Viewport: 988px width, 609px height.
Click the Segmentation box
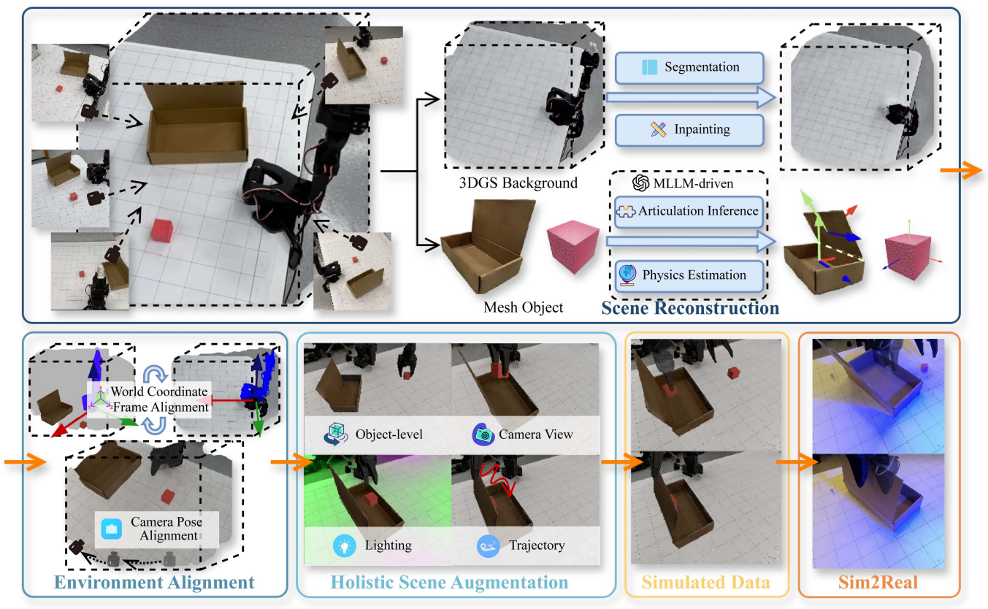[x=689, y=67]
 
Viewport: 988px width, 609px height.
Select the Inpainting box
[x=689, y=130]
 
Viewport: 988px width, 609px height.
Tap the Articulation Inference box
[x=689, y=212]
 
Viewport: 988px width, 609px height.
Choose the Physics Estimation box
[x=689, y=275]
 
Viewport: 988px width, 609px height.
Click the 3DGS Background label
[x=518, y=183]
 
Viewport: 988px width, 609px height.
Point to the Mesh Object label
[x=523, y=307]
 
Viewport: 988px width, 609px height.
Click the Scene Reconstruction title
[x=690, y=308]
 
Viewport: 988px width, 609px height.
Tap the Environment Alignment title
[x=154, y=582]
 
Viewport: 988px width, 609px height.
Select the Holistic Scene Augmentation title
[x=449, y=582]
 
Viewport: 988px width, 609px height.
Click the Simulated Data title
[x=705, y=582]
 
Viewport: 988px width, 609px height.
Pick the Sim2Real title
[x=878, y=582]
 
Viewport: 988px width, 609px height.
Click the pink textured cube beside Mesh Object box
[x=573, y=245]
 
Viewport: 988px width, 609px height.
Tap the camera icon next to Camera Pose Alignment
[x=111, y=528]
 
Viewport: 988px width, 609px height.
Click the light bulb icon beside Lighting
[x=345, y=546]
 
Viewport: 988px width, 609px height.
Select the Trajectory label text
[x=537, y=545]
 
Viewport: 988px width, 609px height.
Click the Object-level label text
[x=389, y=434]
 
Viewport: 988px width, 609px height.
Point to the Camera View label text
[x=536, y=434]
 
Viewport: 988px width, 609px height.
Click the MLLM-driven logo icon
[x=641, y=183]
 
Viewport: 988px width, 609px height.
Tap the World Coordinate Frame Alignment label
[x=160, y=399]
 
